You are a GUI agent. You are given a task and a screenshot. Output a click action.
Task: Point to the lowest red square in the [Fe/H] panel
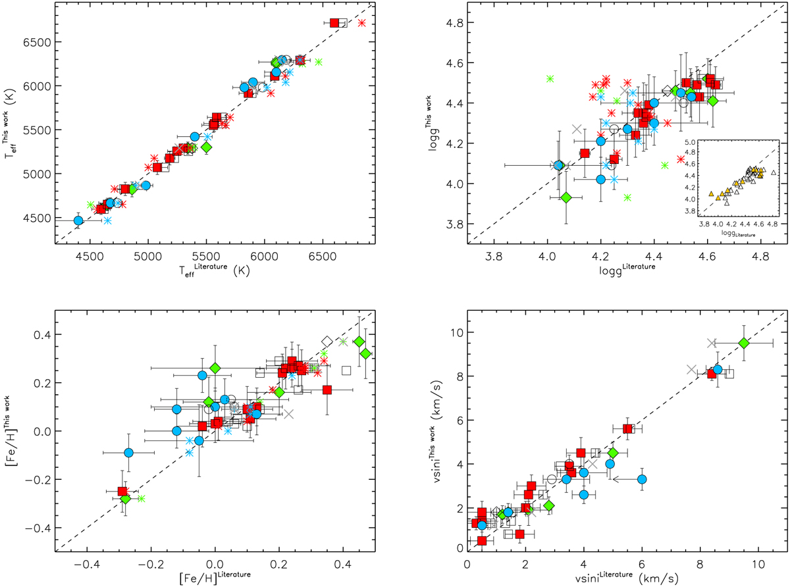[122, 491]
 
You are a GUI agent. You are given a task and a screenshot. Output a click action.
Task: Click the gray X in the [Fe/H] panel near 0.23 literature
[288, 414]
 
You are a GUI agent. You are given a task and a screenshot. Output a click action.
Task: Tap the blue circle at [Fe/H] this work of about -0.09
[129, 453]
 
